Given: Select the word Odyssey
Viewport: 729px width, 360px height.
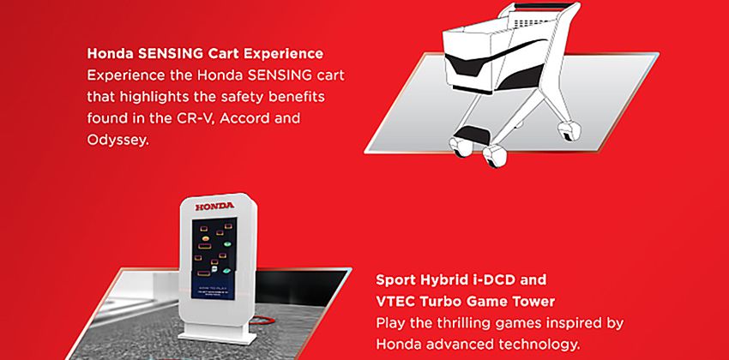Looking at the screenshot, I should point(117,138).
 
